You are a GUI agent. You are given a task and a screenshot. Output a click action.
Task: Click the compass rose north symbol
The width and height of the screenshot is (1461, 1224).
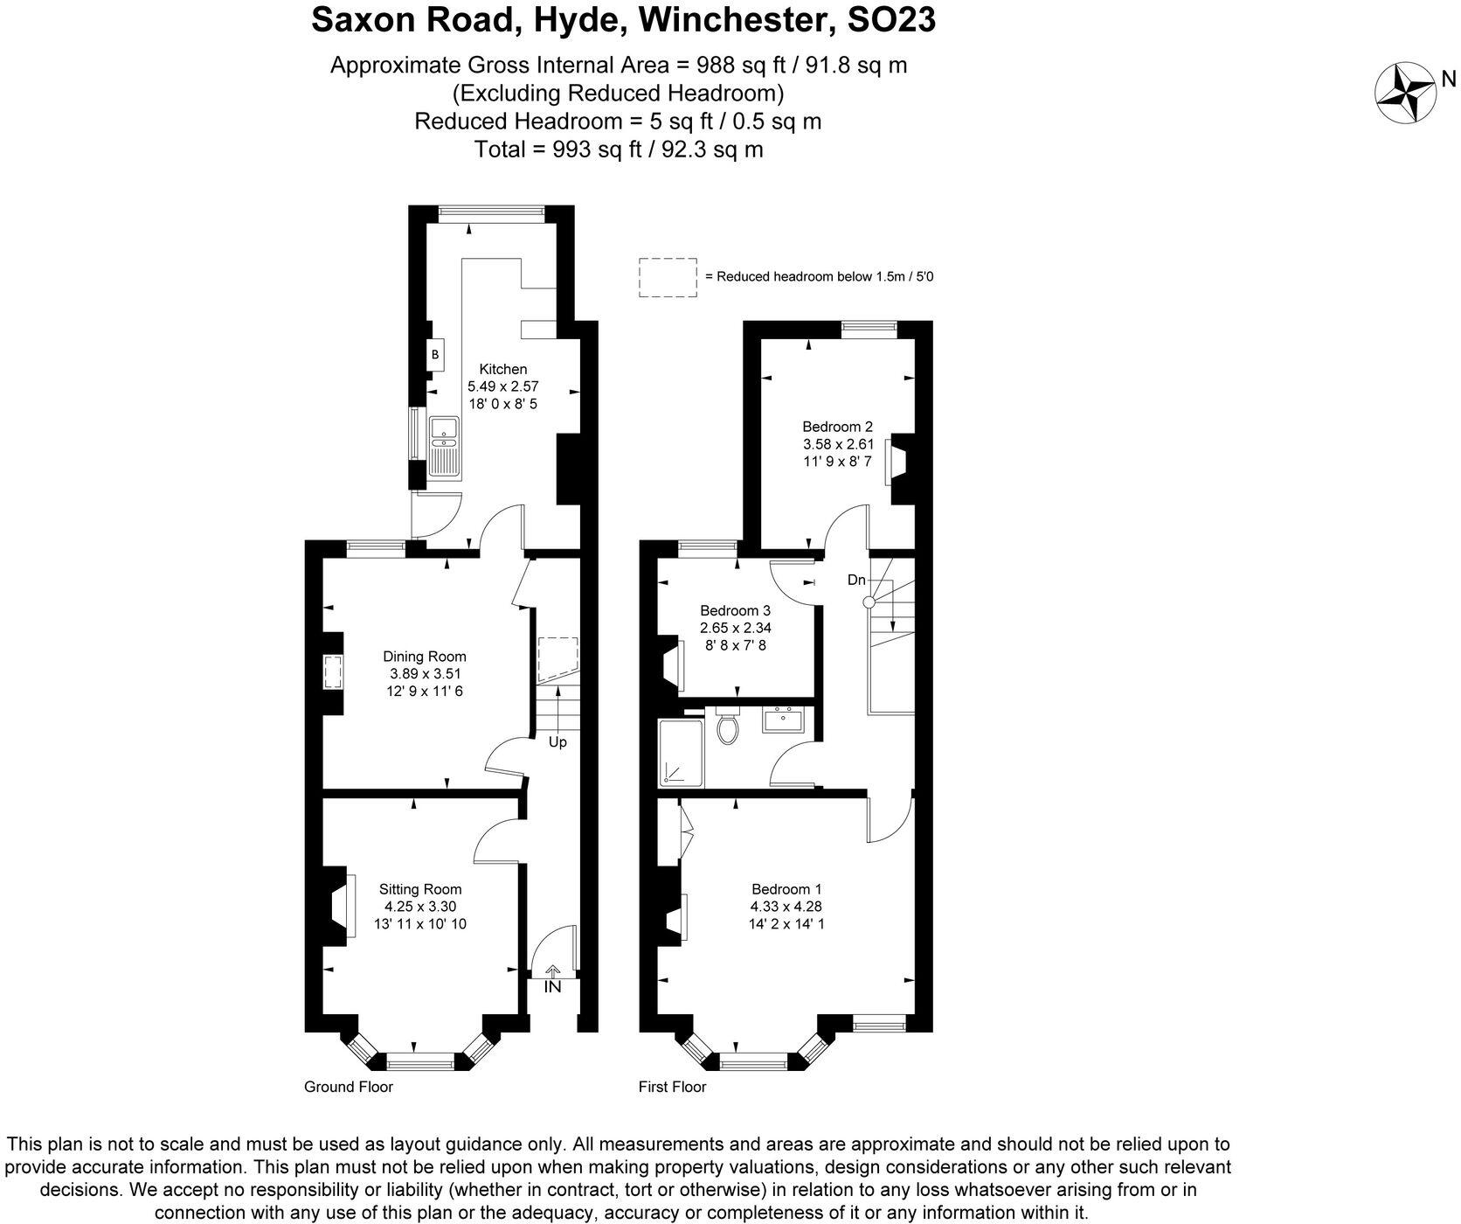click(1405, 93)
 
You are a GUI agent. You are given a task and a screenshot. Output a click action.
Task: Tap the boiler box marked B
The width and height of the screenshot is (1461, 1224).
click(435, 355)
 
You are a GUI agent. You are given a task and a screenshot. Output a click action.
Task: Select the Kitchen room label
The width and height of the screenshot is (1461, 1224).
click(502, 369)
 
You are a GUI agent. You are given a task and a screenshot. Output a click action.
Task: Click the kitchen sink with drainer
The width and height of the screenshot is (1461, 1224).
click(445, 447)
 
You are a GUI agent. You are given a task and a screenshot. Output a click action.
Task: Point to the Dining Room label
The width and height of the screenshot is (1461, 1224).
click(425, 656)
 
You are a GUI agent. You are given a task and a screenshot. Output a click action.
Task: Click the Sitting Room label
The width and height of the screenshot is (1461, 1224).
click(420, 889)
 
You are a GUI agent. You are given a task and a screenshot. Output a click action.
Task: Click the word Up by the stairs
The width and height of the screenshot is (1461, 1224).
click(557, 742)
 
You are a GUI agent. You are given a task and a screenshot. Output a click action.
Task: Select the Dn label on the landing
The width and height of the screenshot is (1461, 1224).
click(856, 580)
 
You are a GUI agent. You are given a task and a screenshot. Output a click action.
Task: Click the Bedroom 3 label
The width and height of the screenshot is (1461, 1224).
click(735, 610)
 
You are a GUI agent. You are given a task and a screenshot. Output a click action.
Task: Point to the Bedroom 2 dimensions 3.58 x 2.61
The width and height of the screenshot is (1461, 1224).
click(838, 444)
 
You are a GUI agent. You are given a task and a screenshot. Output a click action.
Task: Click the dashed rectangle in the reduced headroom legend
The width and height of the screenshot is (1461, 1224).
click(668, 277)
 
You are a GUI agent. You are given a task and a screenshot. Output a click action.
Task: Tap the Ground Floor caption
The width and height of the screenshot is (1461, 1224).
click(348, 1087)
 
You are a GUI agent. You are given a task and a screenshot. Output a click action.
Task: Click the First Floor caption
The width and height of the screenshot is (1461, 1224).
click(671, 1087)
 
